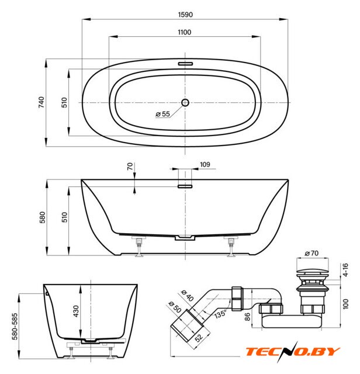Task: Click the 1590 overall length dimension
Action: click(x=185, y=15)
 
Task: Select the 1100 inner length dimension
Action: click(x=185, y=32)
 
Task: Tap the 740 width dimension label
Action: click(x=41, y=102)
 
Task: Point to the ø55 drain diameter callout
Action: click(x=162, y=114)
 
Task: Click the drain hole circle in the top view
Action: click(x=185, y=103)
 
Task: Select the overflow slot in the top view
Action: click(x=185, y=64)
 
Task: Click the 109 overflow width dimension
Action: click(x=205, y=164)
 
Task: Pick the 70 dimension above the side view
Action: click(x=130, y=166)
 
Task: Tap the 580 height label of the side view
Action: click(x=42, y=217)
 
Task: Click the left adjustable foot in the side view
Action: click(x=139, y=247)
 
